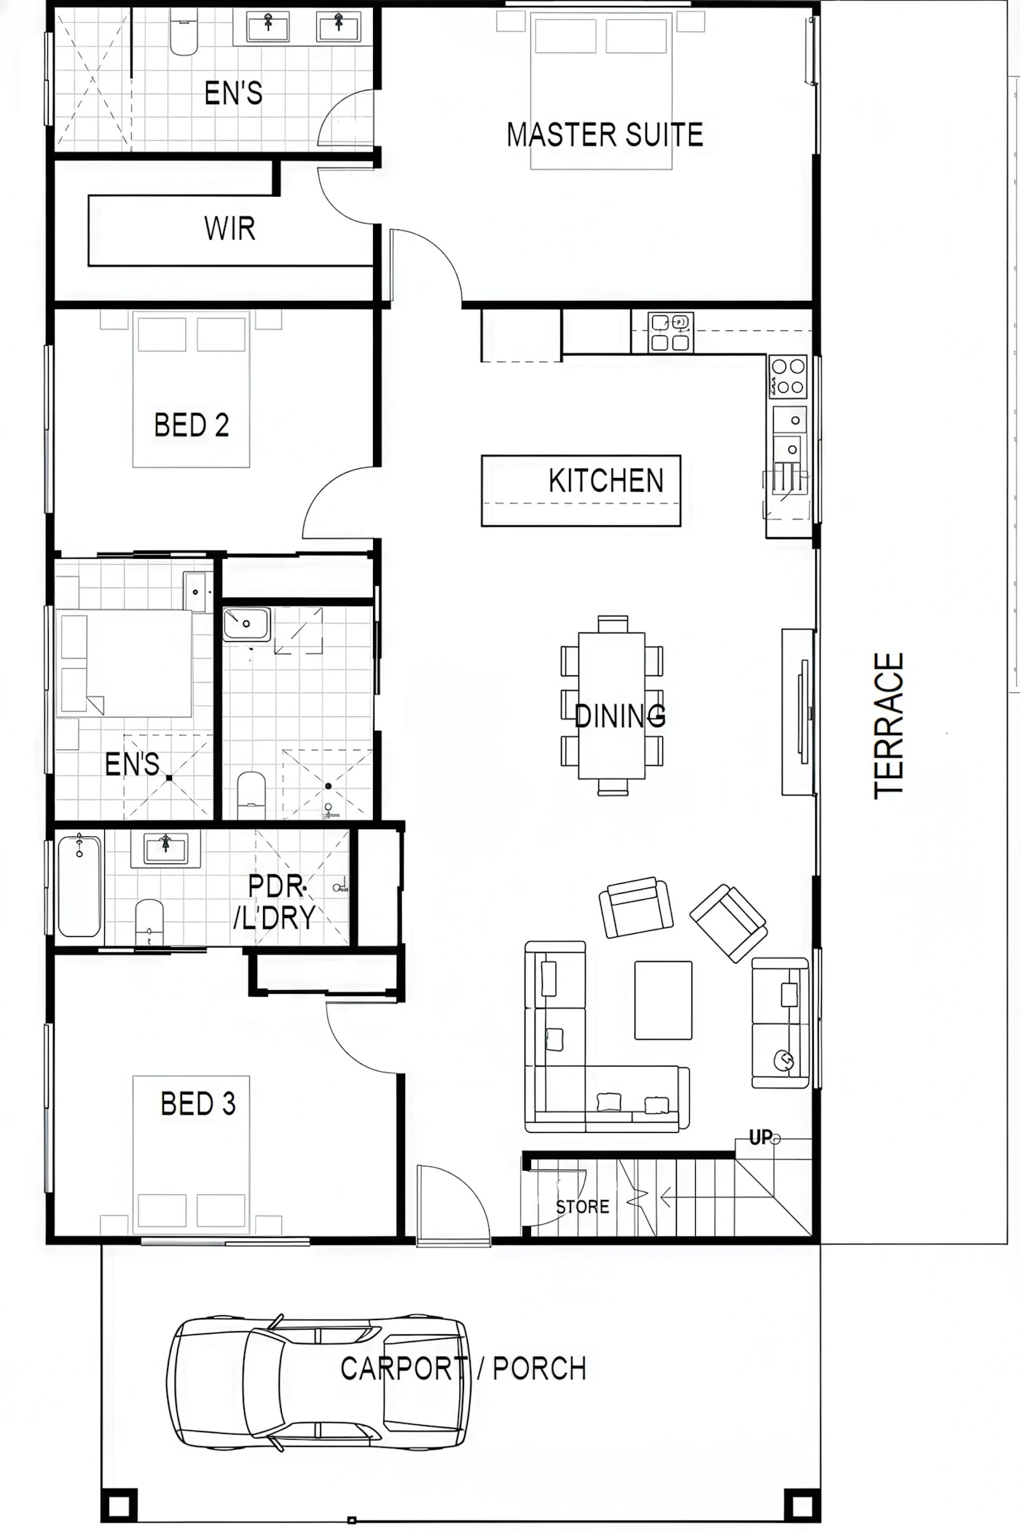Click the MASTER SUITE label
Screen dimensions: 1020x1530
click(x=605, y=135)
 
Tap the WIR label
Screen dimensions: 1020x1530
click(x=229, y=229)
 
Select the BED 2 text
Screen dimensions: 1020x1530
click(x=192, y=425)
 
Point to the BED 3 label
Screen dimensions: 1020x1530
click(x=198, y=1104)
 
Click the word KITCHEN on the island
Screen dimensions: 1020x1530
click(x=606, y=481)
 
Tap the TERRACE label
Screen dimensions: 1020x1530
click(x=889, y=725)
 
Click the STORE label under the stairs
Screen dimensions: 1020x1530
click(x=582, y=1207)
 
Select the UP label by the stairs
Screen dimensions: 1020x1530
click(x=760, y=1137)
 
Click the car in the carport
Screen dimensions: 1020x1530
click(x=318, y=1382)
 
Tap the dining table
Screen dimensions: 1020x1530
click(x=612, y=705)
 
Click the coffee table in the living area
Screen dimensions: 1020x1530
click(x=663, y=1000)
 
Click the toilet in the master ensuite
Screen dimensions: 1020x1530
click(x=183, y=32)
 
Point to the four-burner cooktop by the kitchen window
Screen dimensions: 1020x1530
click(x=788, y=375)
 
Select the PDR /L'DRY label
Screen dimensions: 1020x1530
click(x=275, y=902)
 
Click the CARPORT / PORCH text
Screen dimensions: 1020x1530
click(x=463, y=1369)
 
